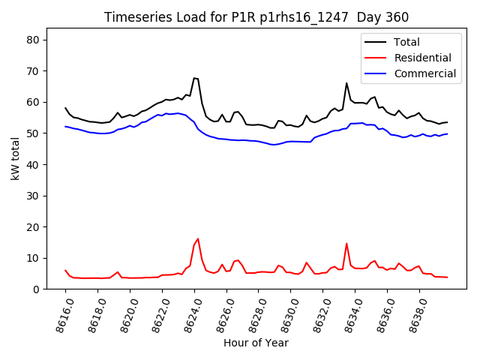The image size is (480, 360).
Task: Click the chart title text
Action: click(256, 17)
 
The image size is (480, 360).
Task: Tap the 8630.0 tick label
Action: click(286, 314)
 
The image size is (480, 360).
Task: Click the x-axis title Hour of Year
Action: click(256, 343)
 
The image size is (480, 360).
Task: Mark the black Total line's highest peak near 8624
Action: click(194, 78)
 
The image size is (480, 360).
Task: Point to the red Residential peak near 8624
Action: click(198, 239)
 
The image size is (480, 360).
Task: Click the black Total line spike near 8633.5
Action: click(346, 83)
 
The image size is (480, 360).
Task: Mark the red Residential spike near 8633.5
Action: click(346, 243)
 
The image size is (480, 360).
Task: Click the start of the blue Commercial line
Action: click(66, 126)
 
